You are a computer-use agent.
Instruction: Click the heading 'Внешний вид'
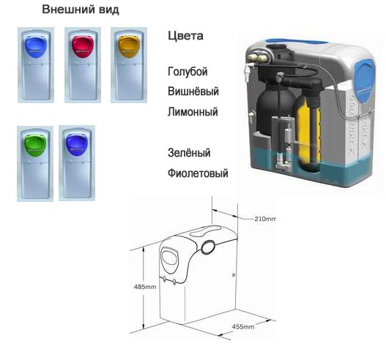click(81, 10)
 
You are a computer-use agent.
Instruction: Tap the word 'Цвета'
click(185, 36)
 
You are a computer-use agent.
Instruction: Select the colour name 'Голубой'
click(188, 72)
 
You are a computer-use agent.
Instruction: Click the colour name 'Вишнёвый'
click(193, 91)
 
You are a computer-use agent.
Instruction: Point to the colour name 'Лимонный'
click(193, 112)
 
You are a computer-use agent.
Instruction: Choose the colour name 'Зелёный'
click(189, 153)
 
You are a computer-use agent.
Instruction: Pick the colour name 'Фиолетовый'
click(198, 173)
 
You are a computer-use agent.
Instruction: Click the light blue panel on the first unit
click(36, 48)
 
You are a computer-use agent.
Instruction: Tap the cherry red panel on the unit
click(83, 46)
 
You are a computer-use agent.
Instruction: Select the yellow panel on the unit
click(129, 47)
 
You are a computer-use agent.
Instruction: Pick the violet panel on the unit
click(77, 145)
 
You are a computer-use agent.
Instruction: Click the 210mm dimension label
click(265, 219)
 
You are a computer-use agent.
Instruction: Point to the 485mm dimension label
click(145, 287)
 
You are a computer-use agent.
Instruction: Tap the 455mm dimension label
click(243, 326)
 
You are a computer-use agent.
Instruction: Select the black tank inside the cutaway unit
click(274, 110)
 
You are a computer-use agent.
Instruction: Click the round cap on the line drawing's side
click(208, 247)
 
